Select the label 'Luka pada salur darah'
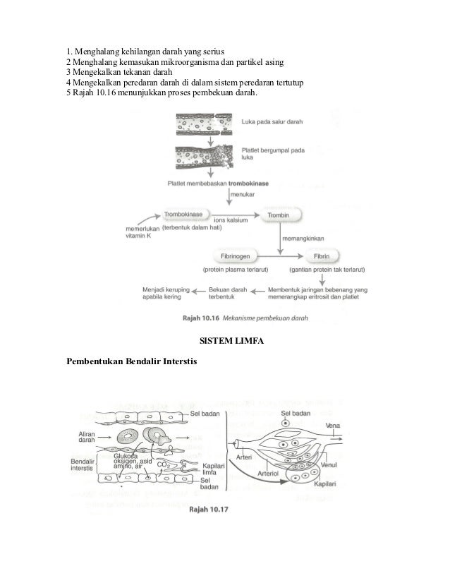[x=272, y=121]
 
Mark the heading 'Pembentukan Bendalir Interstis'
[x=132, y=362]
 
